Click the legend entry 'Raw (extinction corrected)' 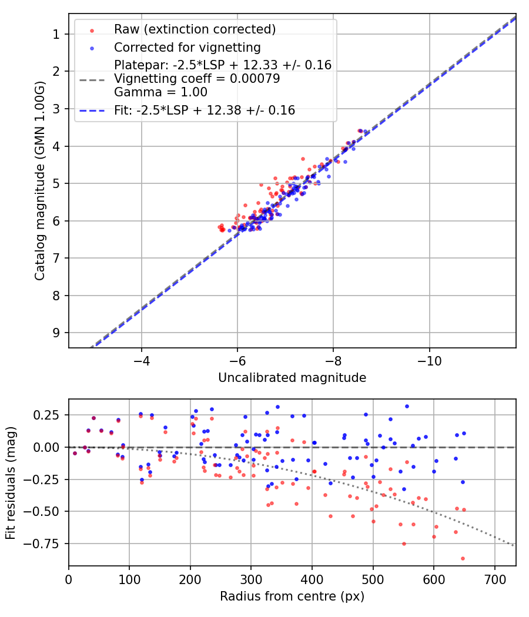(x=195, y=29)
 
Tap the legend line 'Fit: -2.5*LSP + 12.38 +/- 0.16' (x=205, y=110)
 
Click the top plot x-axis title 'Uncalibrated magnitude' (x=292, y=378)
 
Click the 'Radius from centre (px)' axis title (x=292, y=596)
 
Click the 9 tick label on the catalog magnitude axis (x=56, y=333)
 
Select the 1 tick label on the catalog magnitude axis (x=56, y=34)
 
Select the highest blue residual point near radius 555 (x=406, y=406)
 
